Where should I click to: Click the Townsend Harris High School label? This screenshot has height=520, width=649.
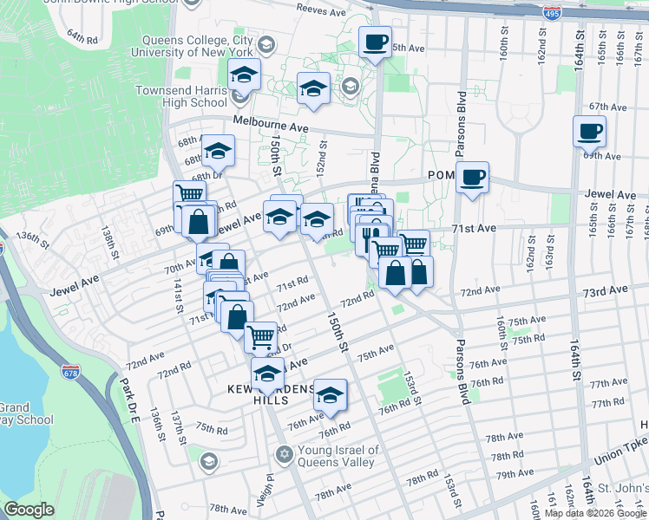click(180, 95)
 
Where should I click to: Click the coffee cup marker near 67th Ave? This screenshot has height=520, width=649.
click(589, 132)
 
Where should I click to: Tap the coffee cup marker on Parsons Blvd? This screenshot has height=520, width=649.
click(472, 178)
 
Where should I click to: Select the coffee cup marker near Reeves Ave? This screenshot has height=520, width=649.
click(375, 42)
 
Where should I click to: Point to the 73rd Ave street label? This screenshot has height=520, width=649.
click(605, 291)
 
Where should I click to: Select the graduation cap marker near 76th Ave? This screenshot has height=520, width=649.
click(329, 395)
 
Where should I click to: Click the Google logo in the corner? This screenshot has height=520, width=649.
click(29, 510)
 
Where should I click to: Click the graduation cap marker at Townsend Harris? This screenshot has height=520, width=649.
click(245, 75)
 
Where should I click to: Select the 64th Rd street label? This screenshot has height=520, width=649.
click(83, 38)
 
